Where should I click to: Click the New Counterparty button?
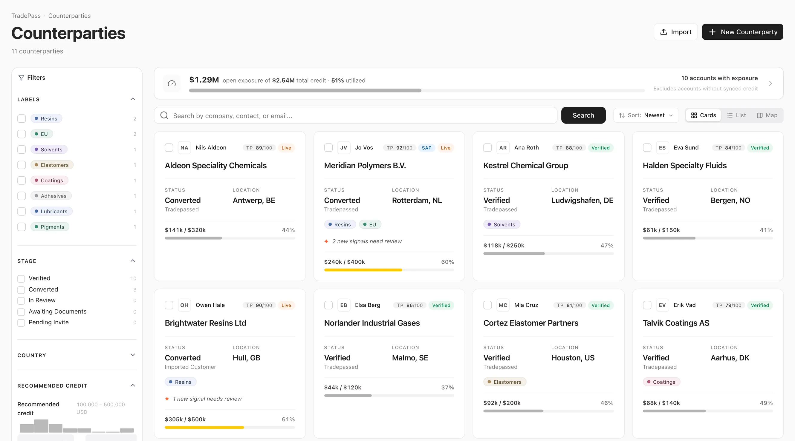click(742, 32)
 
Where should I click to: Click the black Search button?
click(583, 115)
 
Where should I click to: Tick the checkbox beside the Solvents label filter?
click(22, 149)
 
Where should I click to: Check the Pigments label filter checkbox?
click(22, 227)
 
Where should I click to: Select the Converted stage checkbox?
click(21, 290)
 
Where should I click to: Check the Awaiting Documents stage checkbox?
click(21, 312)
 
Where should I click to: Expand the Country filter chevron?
click(133, 355)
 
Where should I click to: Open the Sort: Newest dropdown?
click(646, 115)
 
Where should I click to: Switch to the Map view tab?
click(767, 115)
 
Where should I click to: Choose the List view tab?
click(736, 115)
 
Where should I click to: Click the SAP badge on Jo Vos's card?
click(426, 148)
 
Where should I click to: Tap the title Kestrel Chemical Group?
click(526, 166)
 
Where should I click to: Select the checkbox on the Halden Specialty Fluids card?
click(647, 148)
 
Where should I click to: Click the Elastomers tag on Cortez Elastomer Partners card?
click(504, 382)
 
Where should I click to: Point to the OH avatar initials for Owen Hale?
click(184, 305)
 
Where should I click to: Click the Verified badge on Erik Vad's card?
click(760, 306)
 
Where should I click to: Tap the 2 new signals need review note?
click(367, 241)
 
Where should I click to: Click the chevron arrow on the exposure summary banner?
click(770, 84)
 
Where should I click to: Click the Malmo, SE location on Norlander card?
click(410, 358)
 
